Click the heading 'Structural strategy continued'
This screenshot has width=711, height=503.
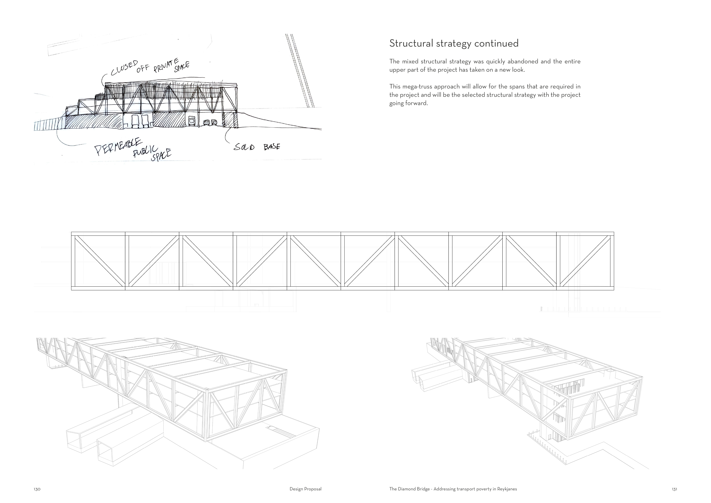click(x=454, y=43)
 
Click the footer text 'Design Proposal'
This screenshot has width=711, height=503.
click(x=305, y=489)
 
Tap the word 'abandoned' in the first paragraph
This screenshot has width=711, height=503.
click(x=523, y=61)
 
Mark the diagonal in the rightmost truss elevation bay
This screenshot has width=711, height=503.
click(x=585, y=261)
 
